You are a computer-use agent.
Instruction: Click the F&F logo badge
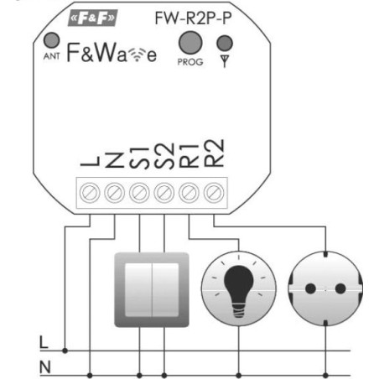tap(93, 18)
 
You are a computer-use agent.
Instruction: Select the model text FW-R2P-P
tap(193, 18)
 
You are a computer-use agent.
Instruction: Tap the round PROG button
tap(190, 43)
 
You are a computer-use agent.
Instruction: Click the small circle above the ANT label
tap(52, 40)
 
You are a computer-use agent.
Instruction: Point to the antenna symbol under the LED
tap(225, 61)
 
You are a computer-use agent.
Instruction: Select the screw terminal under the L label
tap(90, 193)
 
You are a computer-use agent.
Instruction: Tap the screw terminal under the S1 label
tap(139, 193)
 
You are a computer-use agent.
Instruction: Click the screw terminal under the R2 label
tap(214, 193)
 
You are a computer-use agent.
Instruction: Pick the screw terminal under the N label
tap(114, 193)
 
